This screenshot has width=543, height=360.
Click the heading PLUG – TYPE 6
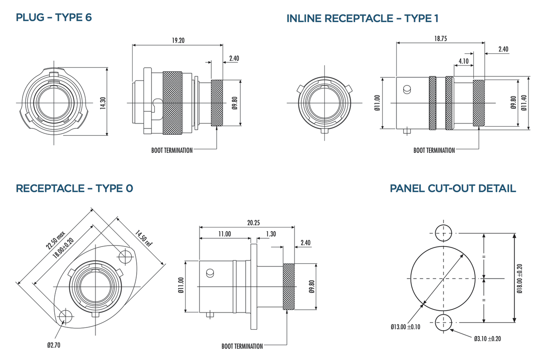click(54, 18)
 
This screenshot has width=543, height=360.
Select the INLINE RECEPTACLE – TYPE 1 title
click(362, 19)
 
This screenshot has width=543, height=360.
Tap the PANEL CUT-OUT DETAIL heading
click(452, 188)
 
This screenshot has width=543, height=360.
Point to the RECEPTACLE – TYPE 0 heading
click(75, 188)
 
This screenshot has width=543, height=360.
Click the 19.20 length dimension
click(178, 40)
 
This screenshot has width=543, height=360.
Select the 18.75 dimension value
click(440, 39)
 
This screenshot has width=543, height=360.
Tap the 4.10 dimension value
click(463, 61)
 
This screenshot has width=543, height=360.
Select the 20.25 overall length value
click(253, 223)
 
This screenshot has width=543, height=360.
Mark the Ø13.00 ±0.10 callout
click(405, 327)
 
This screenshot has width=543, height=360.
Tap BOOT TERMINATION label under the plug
click(172, 150)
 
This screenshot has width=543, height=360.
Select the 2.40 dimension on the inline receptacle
click(503, 49)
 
